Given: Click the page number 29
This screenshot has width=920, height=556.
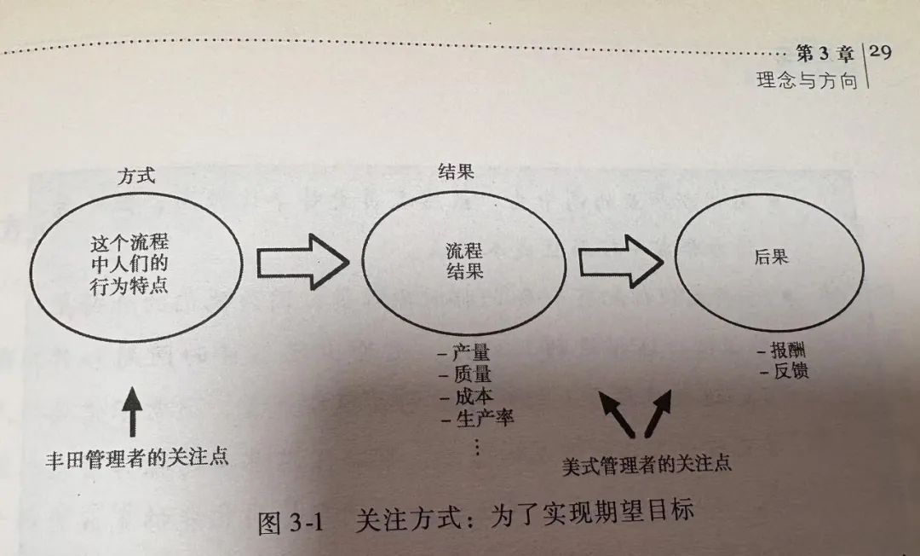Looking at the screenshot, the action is tap(882, 53).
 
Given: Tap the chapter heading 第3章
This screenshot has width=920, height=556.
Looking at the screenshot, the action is tap(824, 55).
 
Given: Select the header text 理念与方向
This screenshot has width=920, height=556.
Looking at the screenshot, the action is tap(806, 83).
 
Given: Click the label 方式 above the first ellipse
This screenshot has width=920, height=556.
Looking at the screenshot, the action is tap(136, 177).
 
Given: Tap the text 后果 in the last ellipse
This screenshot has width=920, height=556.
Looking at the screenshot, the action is tap(771, 257).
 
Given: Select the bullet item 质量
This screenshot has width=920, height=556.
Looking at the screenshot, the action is tap(464, 375).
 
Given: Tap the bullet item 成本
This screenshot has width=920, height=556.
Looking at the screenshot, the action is tap(466, 397).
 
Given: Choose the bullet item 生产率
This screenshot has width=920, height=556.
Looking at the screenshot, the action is tap(477, 418).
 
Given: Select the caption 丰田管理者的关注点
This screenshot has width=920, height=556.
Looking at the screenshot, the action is tap(136, 458).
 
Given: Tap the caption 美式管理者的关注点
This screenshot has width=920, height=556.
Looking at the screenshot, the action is tap(647, 465).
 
